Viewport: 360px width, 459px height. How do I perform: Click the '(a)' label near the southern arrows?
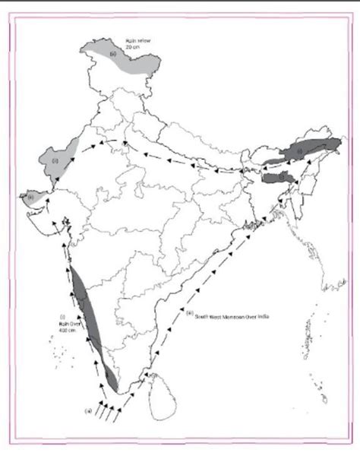(x=89, y=411)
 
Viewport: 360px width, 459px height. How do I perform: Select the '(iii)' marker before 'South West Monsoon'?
(x=189, y=312)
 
